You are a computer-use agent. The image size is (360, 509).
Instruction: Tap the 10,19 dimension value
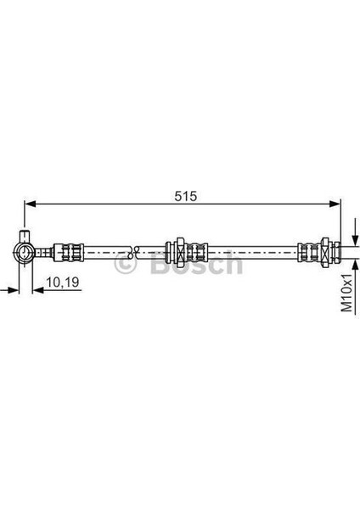(62, 282)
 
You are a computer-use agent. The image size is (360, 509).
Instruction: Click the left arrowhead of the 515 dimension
(31, 204)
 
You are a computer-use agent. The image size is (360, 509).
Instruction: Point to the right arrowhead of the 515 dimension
(335, 204)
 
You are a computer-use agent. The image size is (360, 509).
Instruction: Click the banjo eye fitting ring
(24, 252)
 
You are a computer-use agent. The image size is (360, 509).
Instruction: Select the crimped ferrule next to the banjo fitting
(69, 252)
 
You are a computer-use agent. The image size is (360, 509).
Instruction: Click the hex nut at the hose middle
(180, 252)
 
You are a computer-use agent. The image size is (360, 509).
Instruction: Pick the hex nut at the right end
(325, 252)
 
